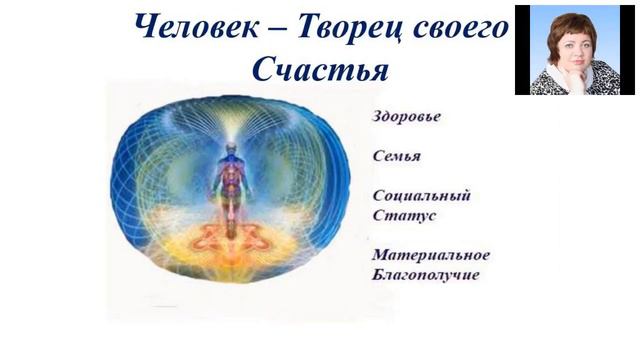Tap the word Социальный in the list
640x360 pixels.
click(x=414, y=195)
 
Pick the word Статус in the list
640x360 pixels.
click(x=399, y=215)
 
